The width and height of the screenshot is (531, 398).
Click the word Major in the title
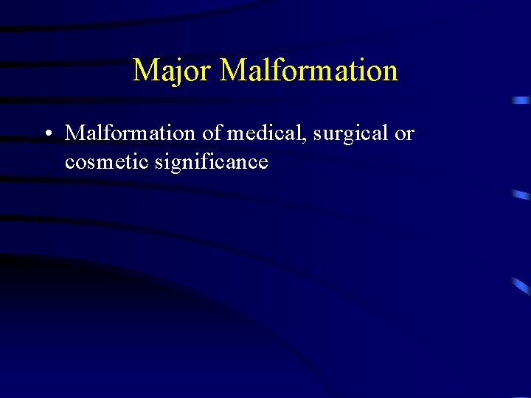click(x=173, y=71)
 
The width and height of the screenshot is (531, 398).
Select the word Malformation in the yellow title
click(x=309, y=71)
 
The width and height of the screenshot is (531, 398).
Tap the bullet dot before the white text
click(x=46, y=134)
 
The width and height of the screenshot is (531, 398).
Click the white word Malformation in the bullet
click(x=129, y=133)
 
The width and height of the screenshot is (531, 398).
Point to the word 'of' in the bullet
click(x=211, y=133)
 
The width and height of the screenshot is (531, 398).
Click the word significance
click(x=212, y=162)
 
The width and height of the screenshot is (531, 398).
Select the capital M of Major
click(x=145, y=71)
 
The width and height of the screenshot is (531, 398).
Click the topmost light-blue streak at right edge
click(x=521, y=99)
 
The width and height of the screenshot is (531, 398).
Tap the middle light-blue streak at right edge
click(x=521, y=195)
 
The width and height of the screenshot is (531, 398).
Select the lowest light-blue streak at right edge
click(x=521, y=285)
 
